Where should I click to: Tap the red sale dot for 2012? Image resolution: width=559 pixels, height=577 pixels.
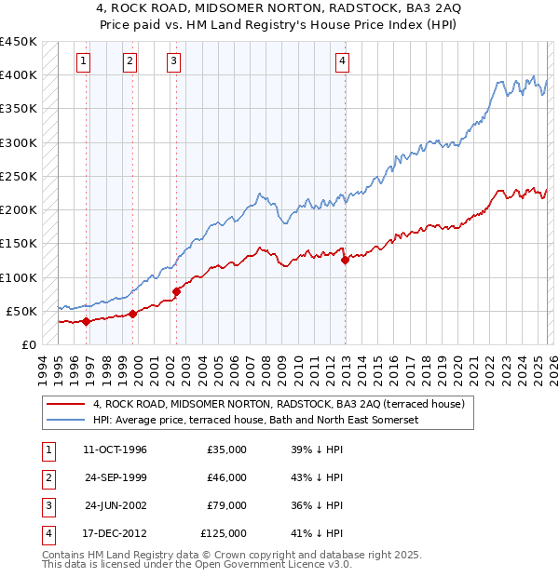point(345,261)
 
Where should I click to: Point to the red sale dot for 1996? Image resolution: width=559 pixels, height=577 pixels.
point(87,321)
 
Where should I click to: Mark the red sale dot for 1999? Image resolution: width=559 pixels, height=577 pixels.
point(133,314)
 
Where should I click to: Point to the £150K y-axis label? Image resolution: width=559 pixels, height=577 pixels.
point(19,244)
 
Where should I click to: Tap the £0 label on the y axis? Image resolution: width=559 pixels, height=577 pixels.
point(28,344)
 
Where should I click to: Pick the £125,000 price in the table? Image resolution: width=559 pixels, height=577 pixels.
point(224,533)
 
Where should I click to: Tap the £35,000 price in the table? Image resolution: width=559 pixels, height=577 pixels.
point(226,450)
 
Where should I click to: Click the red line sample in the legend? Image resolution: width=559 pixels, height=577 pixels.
point(65,405)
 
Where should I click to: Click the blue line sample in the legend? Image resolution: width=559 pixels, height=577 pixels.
point(65,420)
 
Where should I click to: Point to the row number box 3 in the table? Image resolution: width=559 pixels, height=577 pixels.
point(47,505)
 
